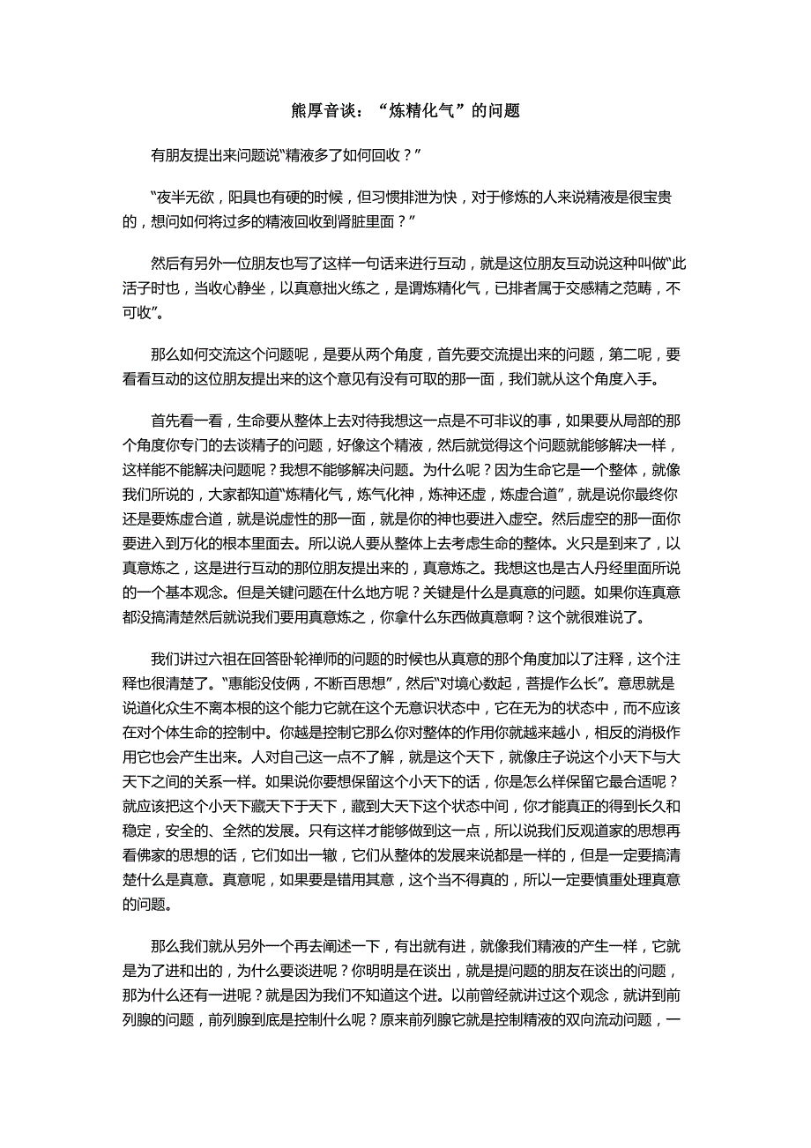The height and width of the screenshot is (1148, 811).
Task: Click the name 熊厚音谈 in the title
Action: click(x=323, y=111)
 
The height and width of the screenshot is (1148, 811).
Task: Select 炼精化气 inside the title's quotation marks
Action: click(x=419, y=111)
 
